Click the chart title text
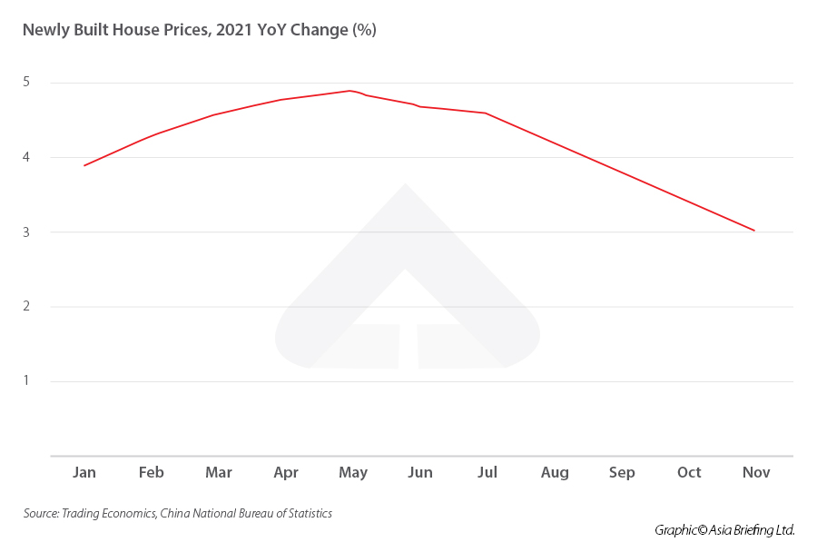(x=199, y=30)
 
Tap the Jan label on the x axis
(x=84, y=473)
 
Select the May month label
(x=353, y=473)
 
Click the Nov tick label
(x=756, y=473)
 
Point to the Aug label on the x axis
(x=555, y=473)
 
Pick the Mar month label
(x=218, y=473)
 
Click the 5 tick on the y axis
(x=27, y=83)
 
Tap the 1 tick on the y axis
(x=27, y=380)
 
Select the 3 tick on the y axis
(x=27, y=232)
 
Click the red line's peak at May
(x=349, y=91)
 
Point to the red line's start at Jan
(x=84, y=165)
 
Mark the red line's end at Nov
(x=754, y=231)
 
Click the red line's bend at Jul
(x=487, y=113)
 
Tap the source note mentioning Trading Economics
(x=178, y=514)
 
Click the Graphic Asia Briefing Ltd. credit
(x=724, y=530)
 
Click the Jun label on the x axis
(x=420, y=473)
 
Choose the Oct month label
(x=689, y=473)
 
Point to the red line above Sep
(x=622, y=172)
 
